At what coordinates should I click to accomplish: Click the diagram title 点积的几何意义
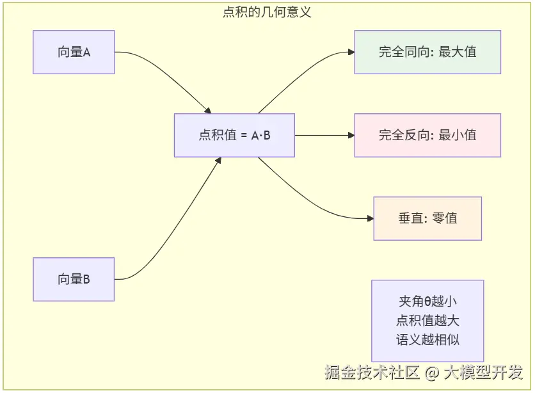[267, 12]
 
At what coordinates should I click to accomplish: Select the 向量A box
[74, 52]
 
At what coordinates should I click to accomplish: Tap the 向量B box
[74, 279]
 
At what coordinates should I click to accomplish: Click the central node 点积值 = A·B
[234, 135]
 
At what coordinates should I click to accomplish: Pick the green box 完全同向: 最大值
[427, 52]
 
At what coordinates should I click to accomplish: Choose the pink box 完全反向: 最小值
[427, 135]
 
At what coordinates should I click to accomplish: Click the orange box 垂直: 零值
[427, 218]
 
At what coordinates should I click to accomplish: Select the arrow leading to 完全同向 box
[301, 70]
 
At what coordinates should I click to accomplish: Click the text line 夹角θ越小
[427, 301]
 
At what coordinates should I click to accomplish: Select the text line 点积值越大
[427, 321]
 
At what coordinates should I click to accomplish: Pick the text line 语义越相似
[427, 340]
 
